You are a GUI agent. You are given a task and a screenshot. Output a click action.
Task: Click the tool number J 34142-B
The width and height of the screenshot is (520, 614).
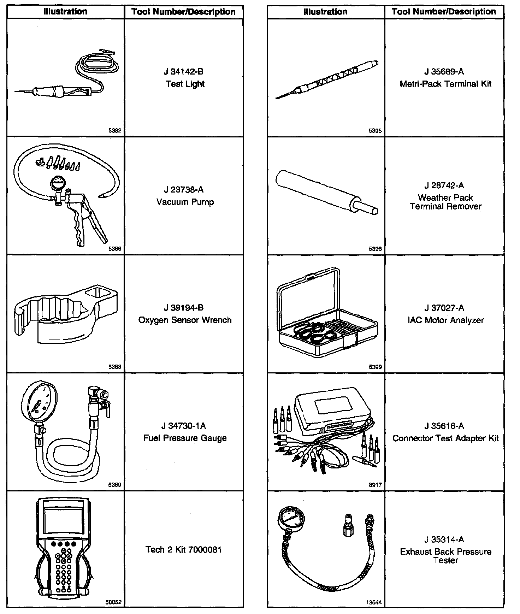(184, 72)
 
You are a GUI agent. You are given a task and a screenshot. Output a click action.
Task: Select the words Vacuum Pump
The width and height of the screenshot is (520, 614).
(185, 202)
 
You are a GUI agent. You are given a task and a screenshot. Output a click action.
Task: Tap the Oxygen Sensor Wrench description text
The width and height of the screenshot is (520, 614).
(185, 320)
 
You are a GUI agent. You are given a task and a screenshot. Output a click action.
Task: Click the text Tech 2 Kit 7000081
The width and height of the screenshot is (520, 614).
(184, 550)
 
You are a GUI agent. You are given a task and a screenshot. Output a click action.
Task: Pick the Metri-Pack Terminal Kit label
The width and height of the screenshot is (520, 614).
(445, 84)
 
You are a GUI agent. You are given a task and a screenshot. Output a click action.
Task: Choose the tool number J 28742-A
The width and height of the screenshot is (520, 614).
(444, 186)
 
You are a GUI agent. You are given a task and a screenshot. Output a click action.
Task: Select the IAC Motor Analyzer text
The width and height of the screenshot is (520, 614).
(445, 320)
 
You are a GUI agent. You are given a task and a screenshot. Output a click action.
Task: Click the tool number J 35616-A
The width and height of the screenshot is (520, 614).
(444, 426)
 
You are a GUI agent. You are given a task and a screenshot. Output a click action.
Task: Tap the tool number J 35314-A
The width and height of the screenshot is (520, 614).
(444, 540)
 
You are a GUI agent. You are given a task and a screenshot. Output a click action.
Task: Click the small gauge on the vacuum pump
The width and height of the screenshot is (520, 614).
(58, 184)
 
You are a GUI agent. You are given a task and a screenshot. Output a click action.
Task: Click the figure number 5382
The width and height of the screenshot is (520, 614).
(115, 131)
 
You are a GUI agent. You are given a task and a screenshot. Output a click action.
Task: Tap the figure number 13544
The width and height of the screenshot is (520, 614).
(374, 603)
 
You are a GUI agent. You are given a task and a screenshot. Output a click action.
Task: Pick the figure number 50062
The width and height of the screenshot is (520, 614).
(113, 602)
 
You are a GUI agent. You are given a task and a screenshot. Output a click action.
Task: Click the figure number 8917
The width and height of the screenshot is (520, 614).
(375, 485)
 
